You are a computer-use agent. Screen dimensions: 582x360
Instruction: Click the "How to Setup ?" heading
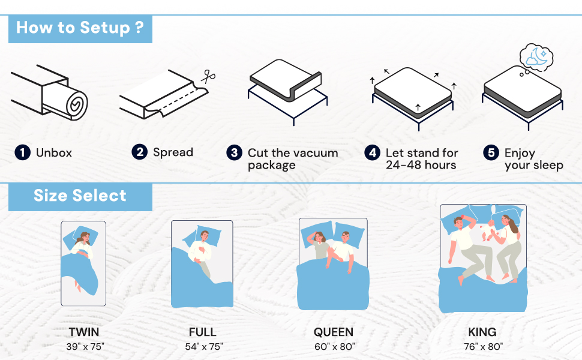pos(80,28)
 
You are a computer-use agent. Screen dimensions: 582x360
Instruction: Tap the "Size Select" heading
pos(80,196)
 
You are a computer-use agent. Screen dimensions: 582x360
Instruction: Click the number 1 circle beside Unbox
pos(23,152)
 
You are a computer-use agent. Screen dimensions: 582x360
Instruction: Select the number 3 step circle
pos(234,152)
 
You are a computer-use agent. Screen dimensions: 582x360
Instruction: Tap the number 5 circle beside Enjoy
pos(491,152)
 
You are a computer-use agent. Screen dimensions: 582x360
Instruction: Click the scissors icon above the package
pos(208,77)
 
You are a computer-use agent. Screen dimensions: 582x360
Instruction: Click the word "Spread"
pos(173,152)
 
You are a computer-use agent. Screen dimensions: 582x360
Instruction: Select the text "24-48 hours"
pos(421,165)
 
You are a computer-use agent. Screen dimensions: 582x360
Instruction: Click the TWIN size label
pos(84,332)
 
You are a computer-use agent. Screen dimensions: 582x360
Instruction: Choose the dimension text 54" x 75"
pos(204,347)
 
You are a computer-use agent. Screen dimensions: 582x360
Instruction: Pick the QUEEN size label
pos(334,332)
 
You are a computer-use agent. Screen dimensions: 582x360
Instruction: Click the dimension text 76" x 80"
pos(483,347)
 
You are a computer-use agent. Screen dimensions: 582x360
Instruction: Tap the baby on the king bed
pos(488,231)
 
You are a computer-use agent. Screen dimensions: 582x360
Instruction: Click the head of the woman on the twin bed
pos(84,238)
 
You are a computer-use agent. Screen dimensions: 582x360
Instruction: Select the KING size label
pos(482,332)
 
